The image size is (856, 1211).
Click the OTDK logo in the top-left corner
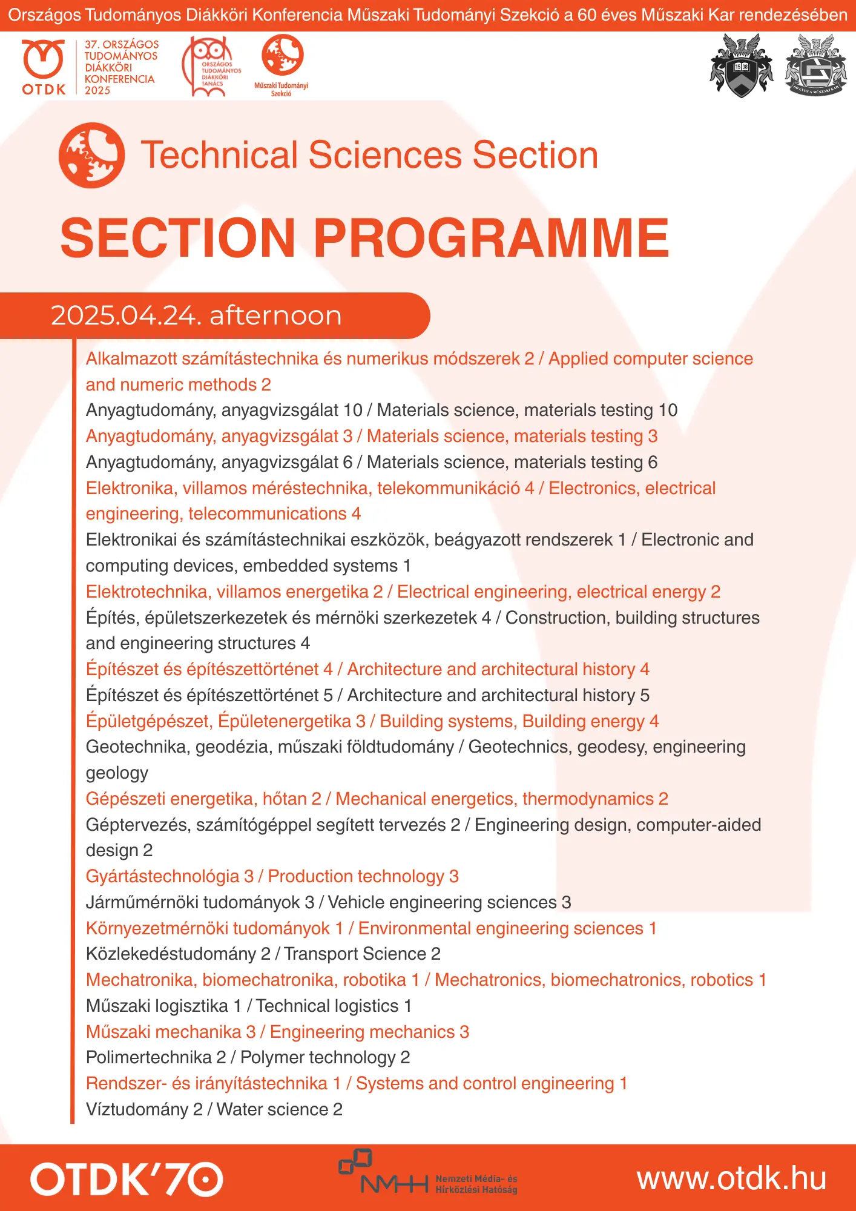click(44, 67)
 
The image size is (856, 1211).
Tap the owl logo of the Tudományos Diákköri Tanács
click(211, 67)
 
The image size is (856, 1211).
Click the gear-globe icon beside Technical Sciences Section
click(92, 156)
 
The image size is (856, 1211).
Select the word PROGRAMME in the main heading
click(491, 238)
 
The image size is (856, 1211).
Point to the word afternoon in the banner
click(275, 315)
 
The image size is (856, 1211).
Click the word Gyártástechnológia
click(163, 876)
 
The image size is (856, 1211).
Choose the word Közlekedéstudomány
click(171, 954)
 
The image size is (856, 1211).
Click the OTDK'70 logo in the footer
click(127, 1178)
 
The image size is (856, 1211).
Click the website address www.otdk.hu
click(731, 1179)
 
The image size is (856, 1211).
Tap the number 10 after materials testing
click(668, 410)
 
